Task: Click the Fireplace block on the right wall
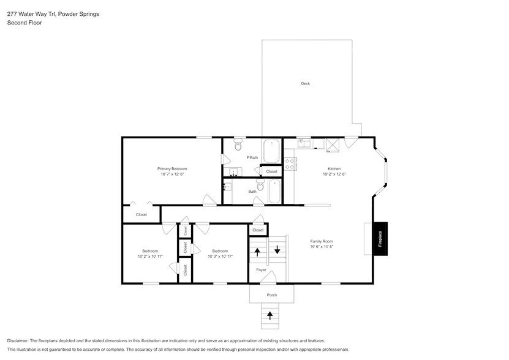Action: pyautogui.click(x=380, y=238)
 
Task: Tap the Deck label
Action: pyautogui.click(x=305, y=83)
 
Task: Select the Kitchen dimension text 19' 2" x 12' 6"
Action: pyautogui.click(x=334, y=174)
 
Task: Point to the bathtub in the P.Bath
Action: pyautogui.click(x=271, y=151)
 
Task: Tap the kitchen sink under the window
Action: pyautogui.click(x=304, y=143)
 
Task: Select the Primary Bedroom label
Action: pyautogui.click(x=172, y=168)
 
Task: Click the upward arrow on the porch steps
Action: pyautogui.click(x=271, y=316)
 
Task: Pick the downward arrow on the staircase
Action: pyautogui.click(x=277, y=249)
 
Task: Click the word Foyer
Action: pyautogui.click(x=261, y=270)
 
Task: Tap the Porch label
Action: pyautogui.click(x=271, y=295)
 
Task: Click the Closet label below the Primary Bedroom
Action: pyautogui.click(x=141, y=215)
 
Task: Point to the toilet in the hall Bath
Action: pyautogui.click(x=260, y=184)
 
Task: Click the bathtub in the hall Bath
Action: pyautogui.click(x=274, y=192)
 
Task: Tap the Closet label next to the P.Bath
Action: pyautogui.click(x=271, y=172)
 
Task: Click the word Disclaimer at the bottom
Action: pyautogui.click(x=18, y=340)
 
